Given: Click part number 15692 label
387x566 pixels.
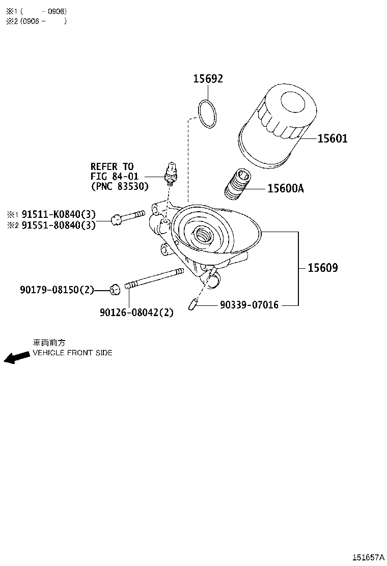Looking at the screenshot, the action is (x=208, y=78).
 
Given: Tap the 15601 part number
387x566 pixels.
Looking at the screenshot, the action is (x=333, y=138).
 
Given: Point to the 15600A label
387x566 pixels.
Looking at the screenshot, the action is (x=286, y=188).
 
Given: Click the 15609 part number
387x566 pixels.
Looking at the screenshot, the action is (x=323, y=268).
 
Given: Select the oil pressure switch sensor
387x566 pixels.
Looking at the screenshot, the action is (x=171, y=173).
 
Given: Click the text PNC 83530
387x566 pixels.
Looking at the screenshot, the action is (x=120, y=186).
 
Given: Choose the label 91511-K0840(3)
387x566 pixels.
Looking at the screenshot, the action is (x=59, y=214).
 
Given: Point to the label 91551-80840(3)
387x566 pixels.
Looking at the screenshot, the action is (x=59, y=225).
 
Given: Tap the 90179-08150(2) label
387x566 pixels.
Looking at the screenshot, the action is (x=57, y=290).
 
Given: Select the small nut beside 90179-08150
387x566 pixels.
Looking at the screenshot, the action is (x=116, y=290).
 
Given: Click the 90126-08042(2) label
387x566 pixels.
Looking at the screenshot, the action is (x=136, y=312).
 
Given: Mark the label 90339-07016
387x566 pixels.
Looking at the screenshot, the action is (x=249, y=305).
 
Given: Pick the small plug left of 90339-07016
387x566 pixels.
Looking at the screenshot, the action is (x=192, y=305).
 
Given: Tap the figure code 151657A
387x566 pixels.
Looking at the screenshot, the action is (x=369, y=557).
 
